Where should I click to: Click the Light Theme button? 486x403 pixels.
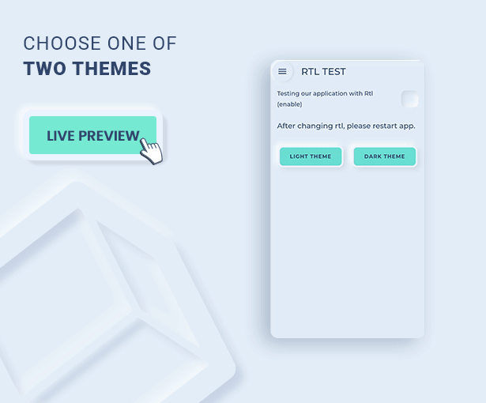311,156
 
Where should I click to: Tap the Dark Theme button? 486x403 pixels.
385,156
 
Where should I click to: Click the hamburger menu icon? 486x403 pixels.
282,72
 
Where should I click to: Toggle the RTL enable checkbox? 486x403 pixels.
409,99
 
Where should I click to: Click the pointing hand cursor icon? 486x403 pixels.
151,151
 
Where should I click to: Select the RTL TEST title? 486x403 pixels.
323,72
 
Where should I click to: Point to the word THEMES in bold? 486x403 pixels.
112,68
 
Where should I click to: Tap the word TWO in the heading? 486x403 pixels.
44,68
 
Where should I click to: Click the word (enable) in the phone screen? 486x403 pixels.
289,104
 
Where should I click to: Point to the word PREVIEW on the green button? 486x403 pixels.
109,136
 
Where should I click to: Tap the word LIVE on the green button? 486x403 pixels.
61,136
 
